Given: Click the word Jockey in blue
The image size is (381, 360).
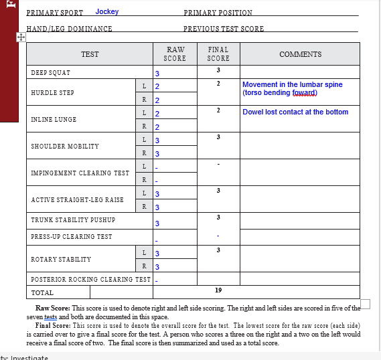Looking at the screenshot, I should pyautogui.click(x=107, y=12).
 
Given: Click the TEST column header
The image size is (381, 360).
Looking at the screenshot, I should pyautogui.click(x=90, y=55).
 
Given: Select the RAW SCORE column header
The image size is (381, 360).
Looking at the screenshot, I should pyautogui.click(x=175, y=54).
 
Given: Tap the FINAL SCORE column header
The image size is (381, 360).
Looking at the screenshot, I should pyautogui.click(x=218, y=54).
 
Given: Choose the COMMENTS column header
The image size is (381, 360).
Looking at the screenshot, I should pyautogui.click(x=300, y=55).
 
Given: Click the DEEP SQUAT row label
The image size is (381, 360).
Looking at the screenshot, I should pyautogui.click(x=50, y=72).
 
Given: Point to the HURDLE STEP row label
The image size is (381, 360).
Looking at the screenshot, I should pyautogui.click(x=52, y=93).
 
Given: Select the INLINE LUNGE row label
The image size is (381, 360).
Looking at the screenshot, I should pyautogui.click(x=54, y=120).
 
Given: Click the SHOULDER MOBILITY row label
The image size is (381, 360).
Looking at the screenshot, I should pyautogui.click(x=64, y=147).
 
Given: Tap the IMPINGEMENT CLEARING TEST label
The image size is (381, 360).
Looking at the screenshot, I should pyautogui.click(x=80, y=173).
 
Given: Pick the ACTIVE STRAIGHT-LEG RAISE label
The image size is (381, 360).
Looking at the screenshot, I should pyautogui.click(x=77, y=200).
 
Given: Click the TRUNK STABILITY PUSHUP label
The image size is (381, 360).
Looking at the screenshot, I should pyautogui.click(x=73, y=220).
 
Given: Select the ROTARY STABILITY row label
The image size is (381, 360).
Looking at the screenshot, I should pyautogui.click(x=60, y=260).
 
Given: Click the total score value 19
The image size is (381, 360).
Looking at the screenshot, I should pyautogui.click(x=218, y=290).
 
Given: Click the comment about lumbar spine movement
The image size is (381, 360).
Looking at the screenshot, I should pyautogui.click(x=292, y=89).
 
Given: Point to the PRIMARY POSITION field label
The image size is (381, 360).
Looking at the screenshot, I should pyautogui.click(x=218, y=13).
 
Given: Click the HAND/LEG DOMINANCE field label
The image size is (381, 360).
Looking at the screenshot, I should pyautogui.click(x=69, y=29).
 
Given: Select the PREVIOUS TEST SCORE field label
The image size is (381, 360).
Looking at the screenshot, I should pyautogui.click(x=224, y=29).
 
